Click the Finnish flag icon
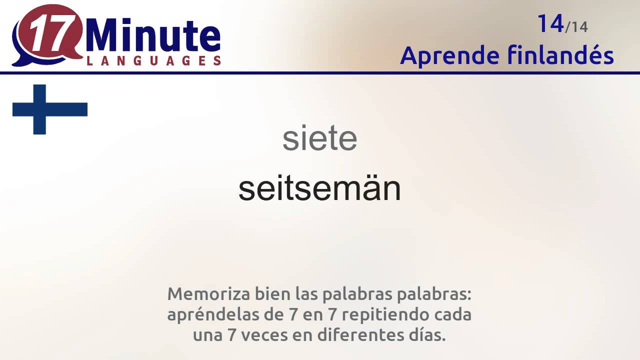click(x=49, y=109)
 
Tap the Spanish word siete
click(x=320, y=139)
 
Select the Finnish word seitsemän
click(x=320, y=189)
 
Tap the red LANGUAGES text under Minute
click(x=153, y=61)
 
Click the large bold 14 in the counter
click(x=550, y=23)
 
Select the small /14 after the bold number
click(x=576, y=27)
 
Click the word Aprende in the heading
click(x=449, y=55)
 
